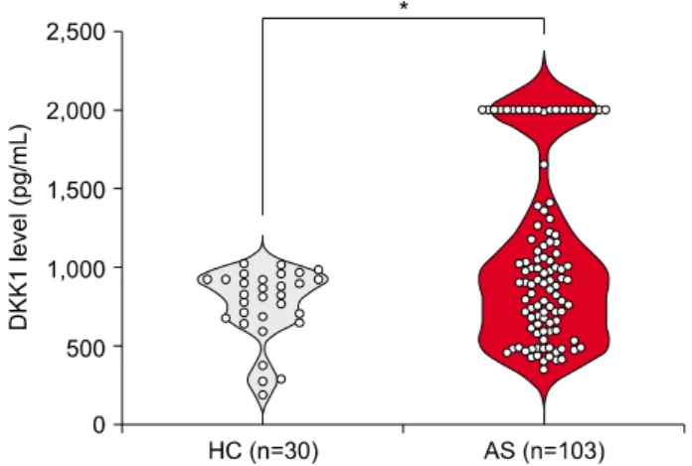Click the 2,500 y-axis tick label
76,32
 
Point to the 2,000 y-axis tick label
76,109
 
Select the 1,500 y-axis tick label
76,189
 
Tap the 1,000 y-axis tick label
76,267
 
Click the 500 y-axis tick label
86,346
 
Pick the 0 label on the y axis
99,424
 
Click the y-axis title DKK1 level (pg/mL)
19,228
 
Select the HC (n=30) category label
263,451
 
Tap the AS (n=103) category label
545,451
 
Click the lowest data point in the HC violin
262,394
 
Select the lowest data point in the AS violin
544,370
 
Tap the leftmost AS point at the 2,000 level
483,109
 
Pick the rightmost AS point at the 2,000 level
605,109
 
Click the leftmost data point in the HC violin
207,279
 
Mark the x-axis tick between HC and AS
404,428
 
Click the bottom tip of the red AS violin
544,423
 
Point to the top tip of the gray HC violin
263,235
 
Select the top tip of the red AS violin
544,51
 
